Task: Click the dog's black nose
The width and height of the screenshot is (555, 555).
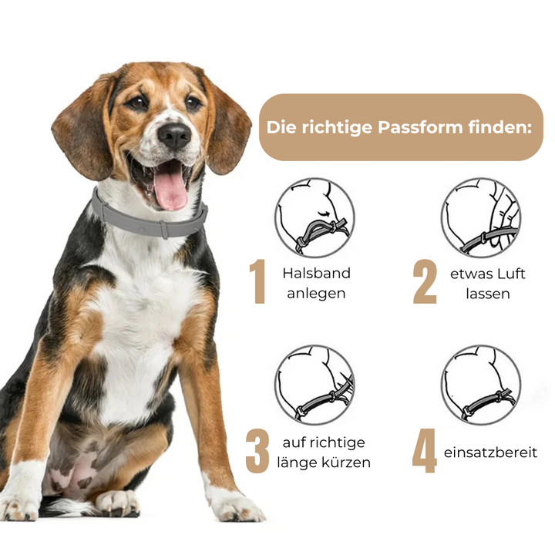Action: click(174, 136)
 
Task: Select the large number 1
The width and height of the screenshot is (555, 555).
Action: click(258, 281)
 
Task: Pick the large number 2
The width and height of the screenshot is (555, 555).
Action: click(425, 281)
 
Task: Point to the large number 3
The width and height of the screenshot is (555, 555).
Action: click(257, 451)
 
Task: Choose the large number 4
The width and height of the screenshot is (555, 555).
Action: click(424, 451)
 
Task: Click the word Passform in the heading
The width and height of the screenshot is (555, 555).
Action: click(420, 127)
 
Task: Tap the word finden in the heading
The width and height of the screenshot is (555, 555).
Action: click(497, 127)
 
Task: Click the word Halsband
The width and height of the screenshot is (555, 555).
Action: click(317, 273)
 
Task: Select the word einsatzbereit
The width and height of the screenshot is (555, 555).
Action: click(490, 452)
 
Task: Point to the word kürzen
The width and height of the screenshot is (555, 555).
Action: click(347, 462)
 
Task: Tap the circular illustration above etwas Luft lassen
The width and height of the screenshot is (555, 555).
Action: click(481, 217)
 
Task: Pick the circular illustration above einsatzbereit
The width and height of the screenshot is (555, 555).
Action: click(481, 385)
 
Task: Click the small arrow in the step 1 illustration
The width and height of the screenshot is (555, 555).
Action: click(323, 214)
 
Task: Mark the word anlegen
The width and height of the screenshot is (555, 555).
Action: click(316, 294)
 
